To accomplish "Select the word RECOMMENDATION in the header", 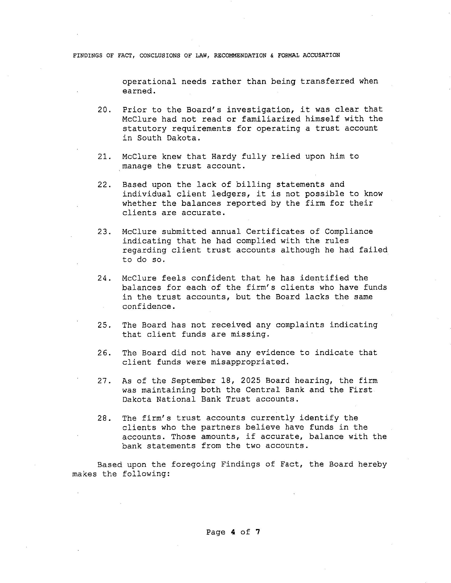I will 240,56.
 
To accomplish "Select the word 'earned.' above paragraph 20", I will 139,91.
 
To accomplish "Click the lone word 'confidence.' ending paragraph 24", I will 149,306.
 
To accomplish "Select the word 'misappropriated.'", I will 250,362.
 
